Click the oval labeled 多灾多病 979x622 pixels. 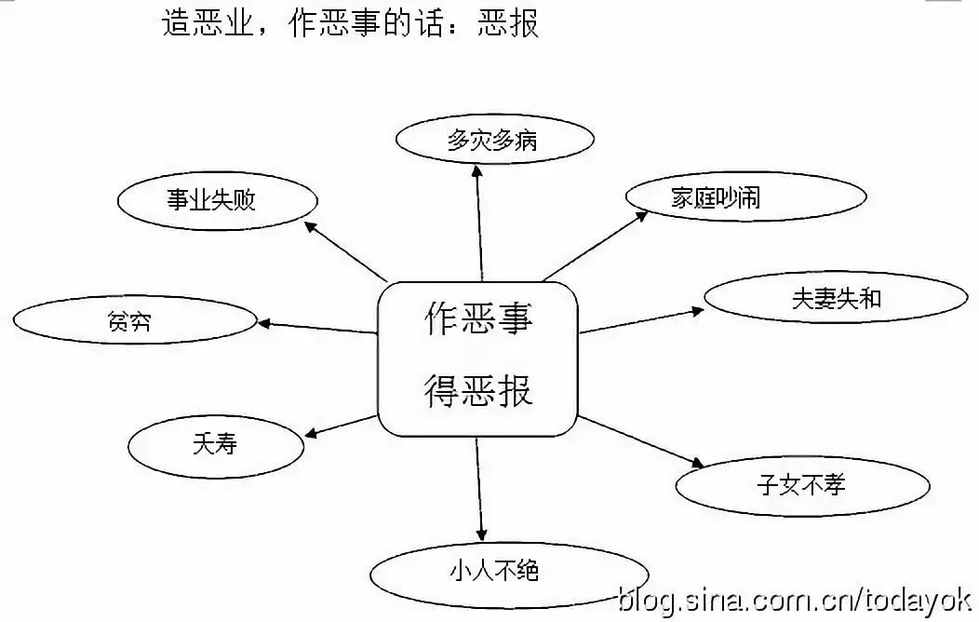[493, 141]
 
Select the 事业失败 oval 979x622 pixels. [219, 200]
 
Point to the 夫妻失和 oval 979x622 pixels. [835, 300]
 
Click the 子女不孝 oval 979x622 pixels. [801, 485]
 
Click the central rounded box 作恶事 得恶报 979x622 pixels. [477, 358]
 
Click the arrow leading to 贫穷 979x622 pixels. [316, 327]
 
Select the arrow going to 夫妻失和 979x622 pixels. [642, 320]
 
